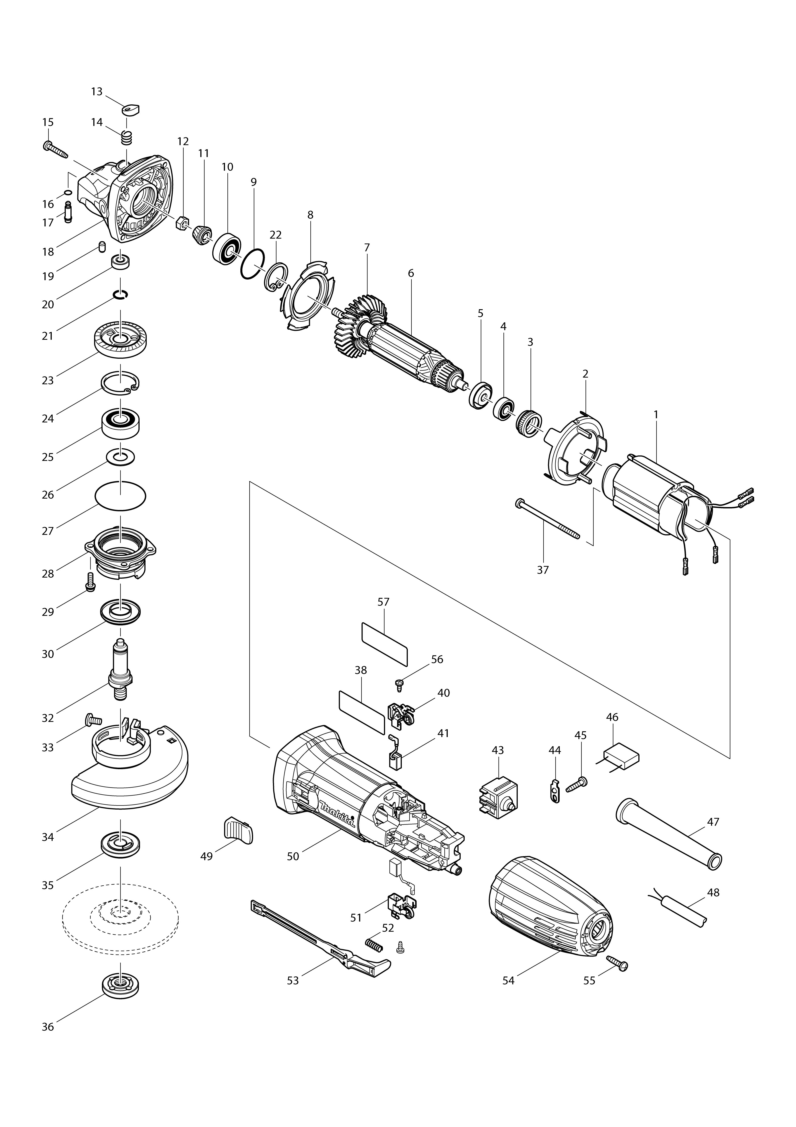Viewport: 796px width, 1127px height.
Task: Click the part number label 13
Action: click(97, 92)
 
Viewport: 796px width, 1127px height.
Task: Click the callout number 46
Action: click(612, 717)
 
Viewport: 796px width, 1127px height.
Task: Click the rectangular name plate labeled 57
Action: click(384, 644)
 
